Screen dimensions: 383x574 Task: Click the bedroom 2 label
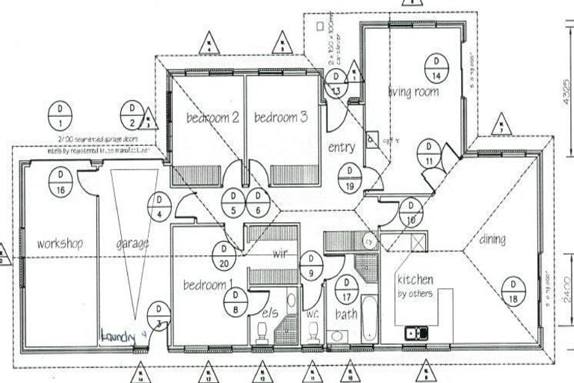(212, 117)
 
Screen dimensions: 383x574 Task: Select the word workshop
(59, 243)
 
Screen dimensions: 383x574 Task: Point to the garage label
(132, 243)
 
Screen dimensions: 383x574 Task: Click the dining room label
(492, 240)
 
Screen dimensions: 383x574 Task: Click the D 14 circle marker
(435, 68)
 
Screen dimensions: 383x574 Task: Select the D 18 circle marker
(513, 291)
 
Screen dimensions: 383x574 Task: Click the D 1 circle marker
(60, 114)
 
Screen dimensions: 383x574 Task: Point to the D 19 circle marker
(349, 177)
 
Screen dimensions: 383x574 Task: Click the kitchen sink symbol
(416, 333)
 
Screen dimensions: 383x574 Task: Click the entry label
(341, 148)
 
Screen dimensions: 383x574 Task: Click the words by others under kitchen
(414, 293)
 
